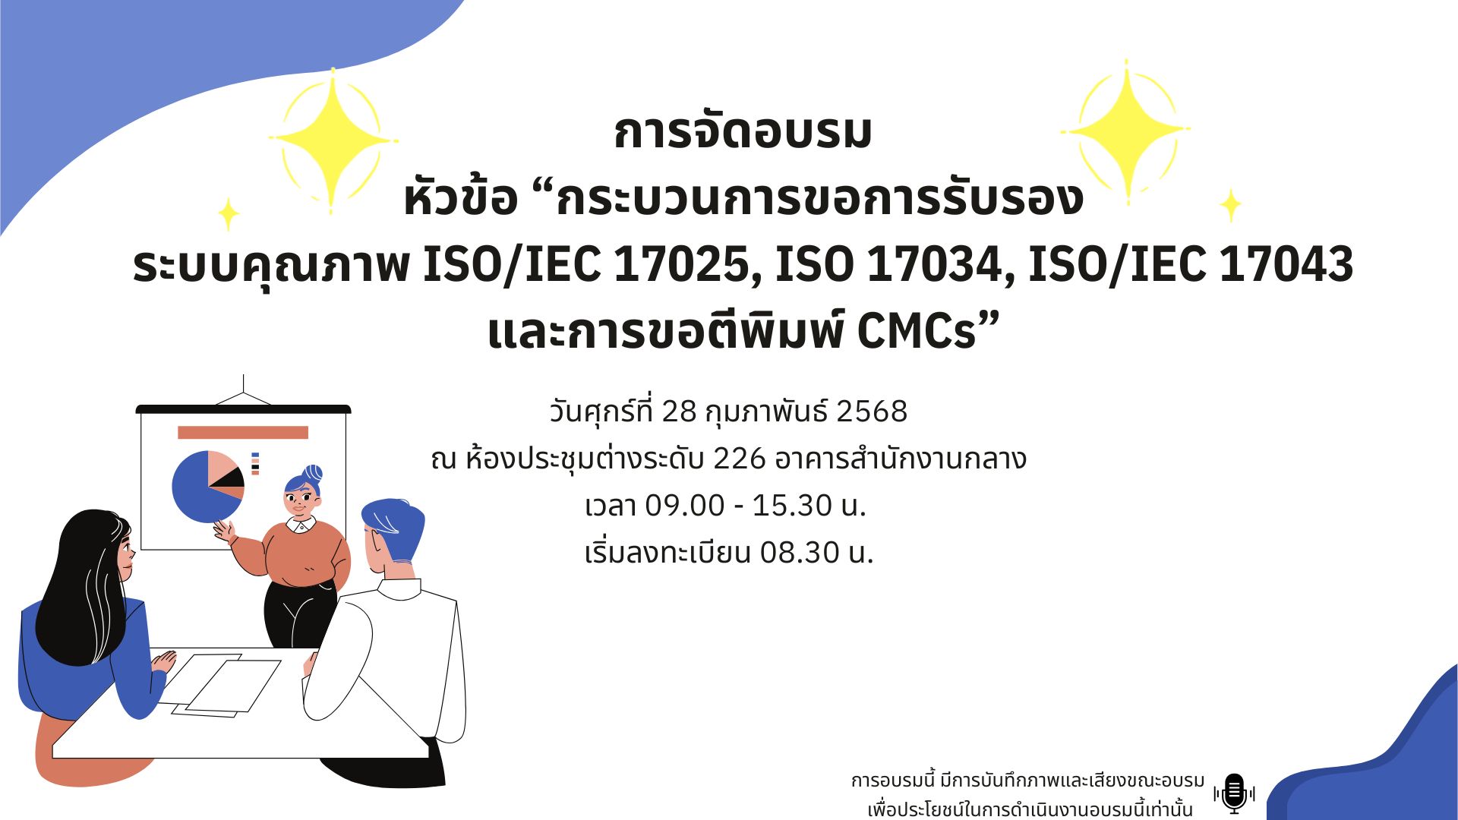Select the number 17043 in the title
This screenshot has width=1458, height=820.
click(1286, 264)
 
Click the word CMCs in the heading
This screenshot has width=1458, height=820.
click(916, 331)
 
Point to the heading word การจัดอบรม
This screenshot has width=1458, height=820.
click(743, 131)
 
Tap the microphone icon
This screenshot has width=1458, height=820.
click(1234, 793)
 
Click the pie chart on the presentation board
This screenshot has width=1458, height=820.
click(207, 487)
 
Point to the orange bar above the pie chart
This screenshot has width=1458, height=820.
click(243, 433)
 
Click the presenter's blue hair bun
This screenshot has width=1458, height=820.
click(312, 474)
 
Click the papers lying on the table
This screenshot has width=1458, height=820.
click(226, 685)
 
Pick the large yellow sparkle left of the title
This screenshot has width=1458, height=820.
click(332, 140)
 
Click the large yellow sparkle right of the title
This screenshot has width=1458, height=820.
click(1125, 131)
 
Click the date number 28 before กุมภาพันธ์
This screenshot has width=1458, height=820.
click(679, 412)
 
